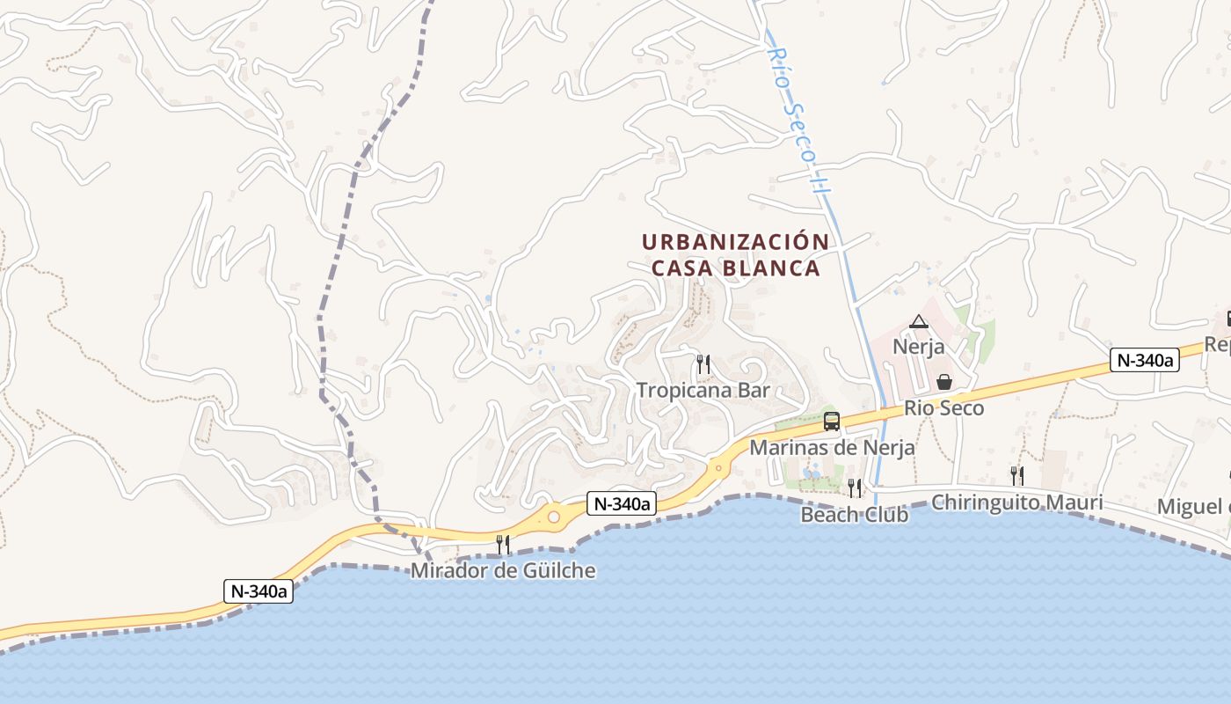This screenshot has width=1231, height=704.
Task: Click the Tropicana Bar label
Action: [703, 390]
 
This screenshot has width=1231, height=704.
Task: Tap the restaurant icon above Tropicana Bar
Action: [703, 363]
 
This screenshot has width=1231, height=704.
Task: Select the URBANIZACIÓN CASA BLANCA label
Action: [735, 254]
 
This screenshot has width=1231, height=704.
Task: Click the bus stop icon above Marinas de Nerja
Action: [832, 422]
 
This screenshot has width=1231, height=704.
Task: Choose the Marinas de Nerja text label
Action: [832, 447]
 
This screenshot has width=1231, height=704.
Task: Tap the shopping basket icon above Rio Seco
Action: [944, 382]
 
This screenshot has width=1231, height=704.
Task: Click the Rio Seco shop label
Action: [944, 408]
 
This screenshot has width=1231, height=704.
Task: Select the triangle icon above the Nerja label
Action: [919, 321]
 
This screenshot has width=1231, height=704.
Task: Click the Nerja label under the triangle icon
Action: [919, 346]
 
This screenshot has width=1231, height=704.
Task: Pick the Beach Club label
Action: [854, 515]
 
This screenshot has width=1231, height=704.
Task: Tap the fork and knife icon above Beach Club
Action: [854, 488]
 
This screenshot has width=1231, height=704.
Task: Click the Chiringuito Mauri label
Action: [1016, 502]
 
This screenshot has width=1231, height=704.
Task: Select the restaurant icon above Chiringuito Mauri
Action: [1016, 476]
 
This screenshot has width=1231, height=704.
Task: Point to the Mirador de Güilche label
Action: [503, 571]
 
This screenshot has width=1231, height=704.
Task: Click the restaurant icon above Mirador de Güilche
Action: [503, 545]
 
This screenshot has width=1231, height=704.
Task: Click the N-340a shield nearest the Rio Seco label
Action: [1144, 360]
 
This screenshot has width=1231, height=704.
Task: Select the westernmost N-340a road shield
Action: [258, 591]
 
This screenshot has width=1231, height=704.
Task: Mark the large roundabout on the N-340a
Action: [554, 517]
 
